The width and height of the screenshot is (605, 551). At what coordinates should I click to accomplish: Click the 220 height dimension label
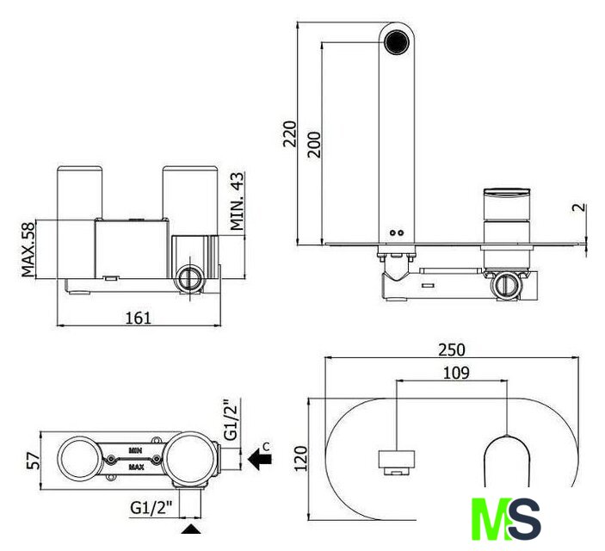(290, 133)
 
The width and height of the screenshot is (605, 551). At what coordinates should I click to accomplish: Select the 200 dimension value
(314, 145)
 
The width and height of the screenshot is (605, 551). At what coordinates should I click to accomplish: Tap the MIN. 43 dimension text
(238, 201)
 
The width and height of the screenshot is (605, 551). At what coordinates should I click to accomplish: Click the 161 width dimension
(139, 318)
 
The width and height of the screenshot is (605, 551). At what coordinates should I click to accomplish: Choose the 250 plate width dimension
(452, 350)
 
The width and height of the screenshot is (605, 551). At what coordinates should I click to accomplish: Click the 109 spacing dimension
(456, 373)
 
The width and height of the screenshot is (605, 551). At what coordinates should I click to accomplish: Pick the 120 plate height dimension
(301, 458)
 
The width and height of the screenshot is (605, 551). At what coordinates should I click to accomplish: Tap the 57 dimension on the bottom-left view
(34, 461)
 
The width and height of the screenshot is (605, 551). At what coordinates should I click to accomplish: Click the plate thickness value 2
(579, 207)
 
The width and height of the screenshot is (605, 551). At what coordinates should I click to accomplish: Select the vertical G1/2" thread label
(232, 420)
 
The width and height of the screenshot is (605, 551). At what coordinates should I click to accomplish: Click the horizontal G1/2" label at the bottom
(151, 507)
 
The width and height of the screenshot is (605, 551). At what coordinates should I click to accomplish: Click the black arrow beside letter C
(259, 459)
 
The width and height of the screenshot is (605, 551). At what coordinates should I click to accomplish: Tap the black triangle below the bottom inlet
(191, 529)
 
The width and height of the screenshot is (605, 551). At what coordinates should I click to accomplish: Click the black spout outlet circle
(397, 40)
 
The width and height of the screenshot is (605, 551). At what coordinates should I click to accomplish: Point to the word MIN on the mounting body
(135, 450)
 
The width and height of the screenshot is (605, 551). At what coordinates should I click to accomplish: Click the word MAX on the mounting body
(136, 467)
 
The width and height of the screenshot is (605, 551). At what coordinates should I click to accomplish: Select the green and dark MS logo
(506, 518)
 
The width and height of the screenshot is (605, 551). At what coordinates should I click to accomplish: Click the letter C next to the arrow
(266, 447)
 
